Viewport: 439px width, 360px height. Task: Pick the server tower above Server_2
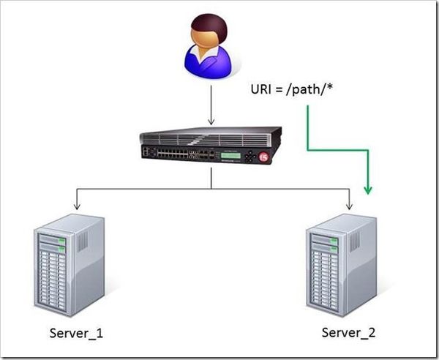click(342, 263)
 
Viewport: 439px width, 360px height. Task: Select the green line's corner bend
click(308, 150)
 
